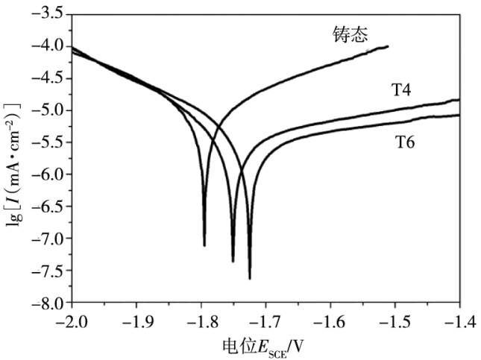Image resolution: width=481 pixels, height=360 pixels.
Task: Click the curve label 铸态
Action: pyautogui.click(x=350, y=34)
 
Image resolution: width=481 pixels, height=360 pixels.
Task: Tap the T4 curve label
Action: pyautogui.click(x=403, y=90)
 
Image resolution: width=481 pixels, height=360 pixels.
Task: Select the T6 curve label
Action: pyautogui.click(x=405, y=141)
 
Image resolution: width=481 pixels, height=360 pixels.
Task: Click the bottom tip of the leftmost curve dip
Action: pyautogui.click(x=204, y=245)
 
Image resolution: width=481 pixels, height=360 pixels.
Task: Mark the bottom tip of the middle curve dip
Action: pyautogui.click(x=233, y=262)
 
